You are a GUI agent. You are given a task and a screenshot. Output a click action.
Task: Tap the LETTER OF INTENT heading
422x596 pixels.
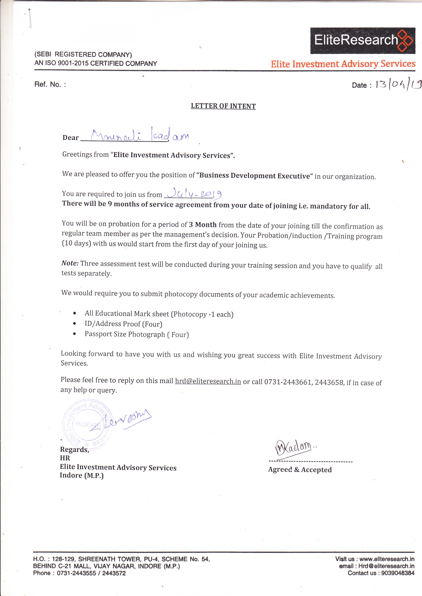pos(223,106)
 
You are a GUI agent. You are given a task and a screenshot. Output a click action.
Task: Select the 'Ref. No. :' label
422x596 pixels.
pos(50,84)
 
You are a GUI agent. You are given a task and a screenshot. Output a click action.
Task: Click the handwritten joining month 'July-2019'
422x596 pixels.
pos(194,193)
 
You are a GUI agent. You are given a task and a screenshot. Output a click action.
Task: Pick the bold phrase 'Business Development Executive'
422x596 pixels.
pos(255,176)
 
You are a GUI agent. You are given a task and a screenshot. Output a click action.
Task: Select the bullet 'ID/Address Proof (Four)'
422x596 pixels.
pos(123,324)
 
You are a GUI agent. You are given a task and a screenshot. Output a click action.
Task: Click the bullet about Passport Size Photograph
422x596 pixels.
pos(137,334)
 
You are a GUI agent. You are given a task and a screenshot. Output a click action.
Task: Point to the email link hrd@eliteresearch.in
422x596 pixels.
pos(208,381)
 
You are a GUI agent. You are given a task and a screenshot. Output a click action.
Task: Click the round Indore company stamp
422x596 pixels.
pos(88,424)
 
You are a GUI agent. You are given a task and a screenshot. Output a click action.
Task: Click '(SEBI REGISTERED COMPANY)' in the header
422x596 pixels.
pos(83,55)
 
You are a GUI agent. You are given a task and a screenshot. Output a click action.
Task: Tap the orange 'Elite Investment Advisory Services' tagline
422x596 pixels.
pos(343,64)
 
